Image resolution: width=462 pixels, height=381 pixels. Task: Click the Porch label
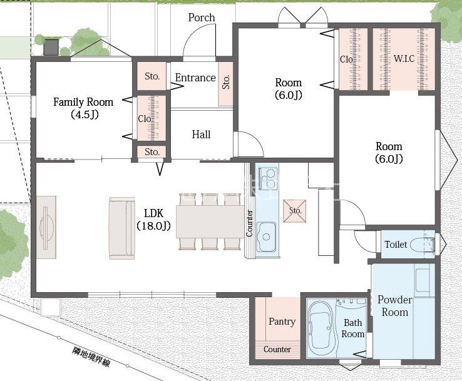202,18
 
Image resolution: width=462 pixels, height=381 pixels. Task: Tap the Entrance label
195,78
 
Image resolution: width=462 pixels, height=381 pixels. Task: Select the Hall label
201,135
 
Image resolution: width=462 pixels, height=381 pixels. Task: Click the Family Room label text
83,102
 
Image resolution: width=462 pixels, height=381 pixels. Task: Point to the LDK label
154,213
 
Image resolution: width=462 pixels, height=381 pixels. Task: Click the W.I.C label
404,59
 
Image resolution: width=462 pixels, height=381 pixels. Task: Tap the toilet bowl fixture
422,245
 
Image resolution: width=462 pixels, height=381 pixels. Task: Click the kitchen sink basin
266,236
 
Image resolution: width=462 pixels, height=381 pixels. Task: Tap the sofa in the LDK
121,228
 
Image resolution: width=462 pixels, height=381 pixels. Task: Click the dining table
210,221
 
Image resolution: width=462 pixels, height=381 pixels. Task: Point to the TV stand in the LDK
46,227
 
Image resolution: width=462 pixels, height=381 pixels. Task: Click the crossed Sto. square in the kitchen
295,211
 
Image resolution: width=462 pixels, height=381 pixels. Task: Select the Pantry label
282,321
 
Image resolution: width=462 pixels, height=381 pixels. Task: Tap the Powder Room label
395,306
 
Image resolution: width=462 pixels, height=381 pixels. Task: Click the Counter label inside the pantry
277,349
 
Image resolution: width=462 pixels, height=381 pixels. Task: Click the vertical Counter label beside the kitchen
249,223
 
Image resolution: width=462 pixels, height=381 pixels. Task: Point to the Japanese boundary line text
91,357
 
